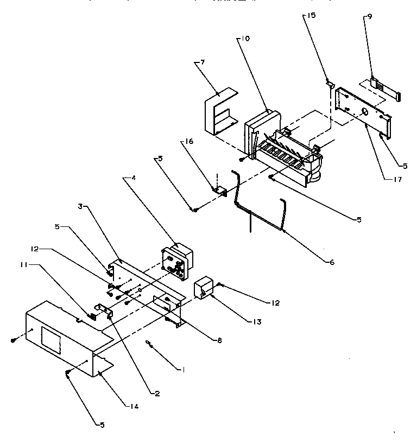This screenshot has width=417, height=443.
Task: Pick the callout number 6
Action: pyautogui.click(x=331, y=262)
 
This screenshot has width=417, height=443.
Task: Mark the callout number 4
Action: pyautogui.click(x=128, y=178)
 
